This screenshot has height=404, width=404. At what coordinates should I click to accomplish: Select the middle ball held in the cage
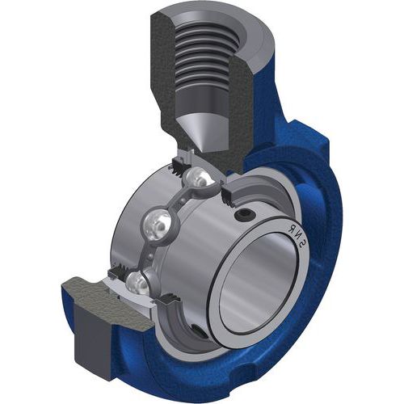(157, 225)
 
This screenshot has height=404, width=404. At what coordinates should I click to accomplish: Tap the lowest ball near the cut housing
(137, 284)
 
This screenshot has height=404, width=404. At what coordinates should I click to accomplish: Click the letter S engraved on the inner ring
(303, 244)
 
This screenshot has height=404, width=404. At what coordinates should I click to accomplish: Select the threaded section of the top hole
(206, 57)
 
